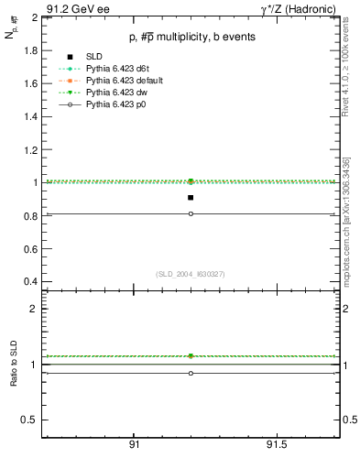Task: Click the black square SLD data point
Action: tap(191, 197)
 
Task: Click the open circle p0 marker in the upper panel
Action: tap(191, 213)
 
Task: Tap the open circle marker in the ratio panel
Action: tap(191, 373)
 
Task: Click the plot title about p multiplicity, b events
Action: tap(190, 37)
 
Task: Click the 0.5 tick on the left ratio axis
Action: tap(29, 420)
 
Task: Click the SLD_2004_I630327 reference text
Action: tap(190, 274)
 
